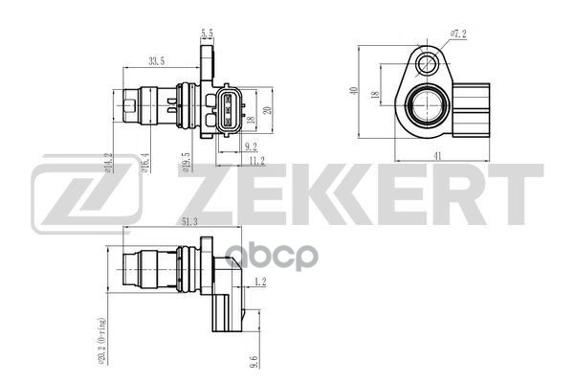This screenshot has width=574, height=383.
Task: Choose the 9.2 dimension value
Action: click(x=250, y=146)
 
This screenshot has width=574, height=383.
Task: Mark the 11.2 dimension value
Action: click(x=255, y=160)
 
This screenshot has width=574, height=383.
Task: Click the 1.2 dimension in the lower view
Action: click(x=261, y=282)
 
